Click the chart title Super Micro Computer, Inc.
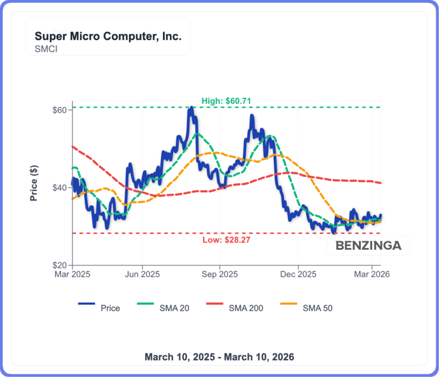tap(108, 37)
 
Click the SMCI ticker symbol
tap(46, 49)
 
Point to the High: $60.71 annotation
tap(226, 101)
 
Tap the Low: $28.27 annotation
tap(226, 239)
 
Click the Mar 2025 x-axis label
tap(73, 274)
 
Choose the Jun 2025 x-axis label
tap(142, 274)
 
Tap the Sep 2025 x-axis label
tap(220, 274)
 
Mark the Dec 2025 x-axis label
tap(298, 274)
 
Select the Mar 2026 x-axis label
tap(372, 274)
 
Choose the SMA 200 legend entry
tap(246, 308)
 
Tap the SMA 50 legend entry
tap(317, 308)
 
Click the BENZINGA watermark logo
tap(368, 246)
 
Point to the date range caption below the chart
tap(219, 357)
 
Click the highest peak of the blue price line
tap(191, 108)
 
